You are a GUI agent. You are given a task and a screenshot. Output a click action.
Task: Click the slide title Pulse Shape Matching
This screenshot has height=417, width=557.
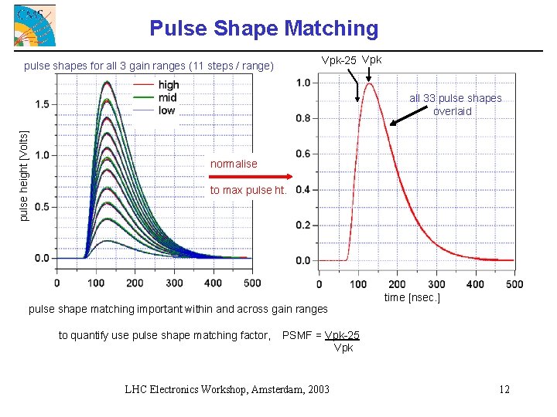(264, 29)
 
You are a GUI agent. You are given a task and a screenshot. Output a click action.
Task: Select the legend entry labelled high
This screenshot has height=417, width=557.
(168, 85)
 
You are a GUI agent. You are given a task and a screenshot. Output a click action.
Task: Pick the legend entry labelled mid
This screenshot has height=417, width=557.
(166, 97)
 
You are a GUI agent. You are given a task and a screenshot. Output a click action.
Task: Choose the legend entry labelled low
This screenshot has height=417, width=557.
(166, 110)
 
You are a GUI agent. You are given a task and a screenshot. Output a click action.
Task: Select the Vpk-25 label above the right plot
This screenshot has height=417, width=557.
(339, 61)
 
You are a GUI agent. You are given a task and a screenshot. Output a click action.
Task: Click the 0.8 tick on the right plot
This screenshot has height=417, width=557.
(302, 118)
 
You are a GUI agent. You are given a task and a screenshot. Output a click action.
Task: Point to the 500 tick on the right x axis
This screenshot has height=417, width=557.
(514, 284)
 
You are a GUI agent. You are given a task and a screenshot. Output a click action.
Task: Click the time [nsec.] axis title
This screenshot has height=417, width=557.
(412, 297)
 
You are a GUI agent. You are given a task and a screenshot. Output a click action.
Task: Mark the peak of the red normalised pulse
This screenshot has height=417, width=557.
(370, 83)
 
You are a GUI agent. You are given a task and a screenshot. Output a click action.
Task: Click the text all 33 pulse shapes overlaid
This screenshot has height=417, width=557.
(455, 104)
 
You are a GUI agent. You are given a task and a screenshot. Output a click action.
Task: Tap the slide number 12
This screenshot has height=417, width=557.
(504, 389)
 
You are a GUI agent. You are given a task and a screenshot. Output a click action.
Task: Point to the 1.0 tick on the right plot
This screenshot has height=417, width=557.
(302, 83)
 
